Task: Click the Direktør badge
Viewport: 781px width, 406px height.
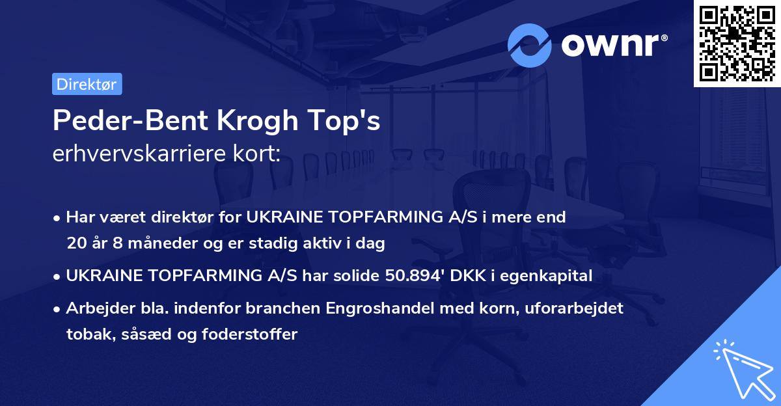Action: point(87,84)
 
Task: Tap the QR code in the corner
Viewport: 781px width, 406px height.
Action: point(737,43)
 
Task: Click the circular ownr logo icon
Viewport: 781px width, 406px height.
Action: point(530,45)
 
